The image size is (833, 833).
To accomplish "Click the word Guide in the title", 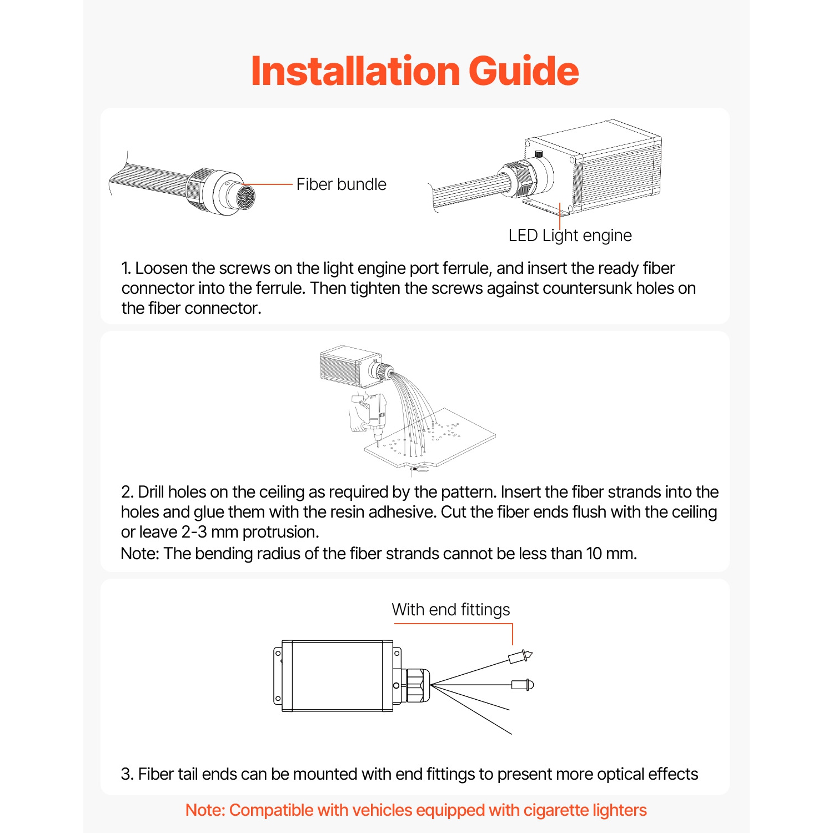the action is click(x=524, y=71).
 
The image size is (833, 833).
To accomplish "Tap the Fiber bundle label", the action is click(x=341, y=184).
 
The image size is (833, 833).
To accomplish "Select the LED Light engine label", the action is click(x=570, y=235).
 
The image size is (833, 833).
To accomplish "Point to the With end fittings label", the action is click(x=450, y=610).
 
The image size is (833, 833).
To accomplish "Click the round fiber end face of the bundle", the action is click(x=246, y=197).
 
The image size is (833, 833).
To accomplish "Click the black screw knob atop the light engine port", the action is click(x=538, y=153).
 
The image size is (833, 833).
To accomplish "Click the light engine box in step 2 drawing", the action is click(x=350, y=367).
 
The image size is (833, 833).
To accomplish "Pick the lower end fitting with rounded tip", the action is click(x=523, y=685).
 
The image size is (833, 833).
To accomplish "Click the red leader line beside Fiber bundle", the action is click(x=267, y=184).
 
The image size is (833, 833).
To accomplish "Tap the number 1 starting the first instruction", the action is click(x=126, y=268).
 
